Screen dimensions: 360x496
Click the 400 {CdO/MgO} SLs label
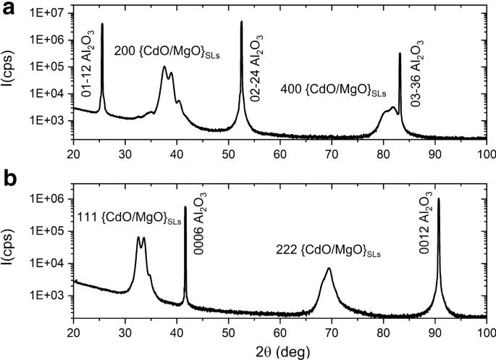[x=333, y=91]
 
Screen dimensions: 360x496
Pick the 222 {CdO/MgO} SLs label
[x=329, y=252]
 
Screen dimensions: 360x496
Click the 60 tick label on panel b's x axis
[x=279, y=332]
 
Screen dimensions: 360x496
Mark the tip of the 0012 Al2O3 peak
[x=439, y=198]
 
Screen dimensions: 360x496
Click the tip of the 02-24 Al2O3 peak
[x=241, y=22]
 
